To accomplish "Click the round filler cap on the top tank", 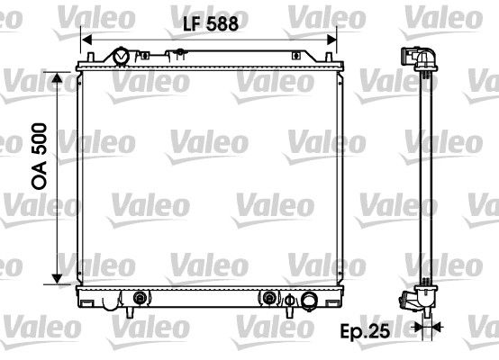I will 121,58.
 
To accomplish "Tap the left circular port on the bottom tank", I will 140,298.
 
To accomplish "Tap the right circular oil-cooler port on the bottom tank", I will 269,298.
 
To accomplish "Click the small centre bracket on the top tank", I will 210,56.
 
